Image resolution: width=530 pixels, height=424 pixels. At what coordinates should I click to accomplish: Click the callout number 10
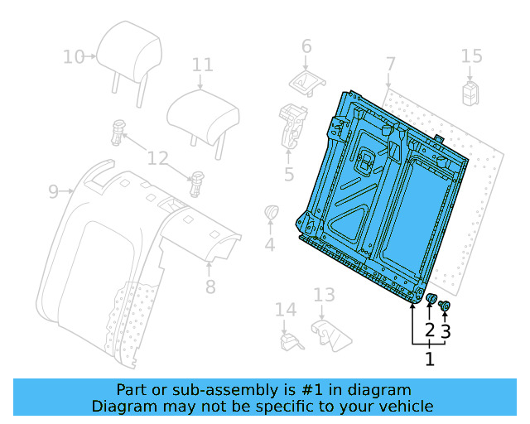74,57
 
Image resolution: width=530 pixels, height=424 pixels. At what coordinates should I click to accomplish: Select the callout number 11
203,65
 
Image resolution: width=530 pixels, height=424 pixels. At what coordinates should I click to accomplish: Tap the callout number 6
306,46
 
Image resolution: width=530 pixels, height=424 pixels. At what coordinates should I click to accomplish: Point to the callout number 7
391,64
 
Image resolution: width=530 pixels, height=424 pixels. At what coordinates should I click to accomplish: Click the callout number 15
471,56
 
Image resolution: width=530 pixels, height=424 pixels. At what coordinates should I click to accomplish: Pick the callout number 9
54,192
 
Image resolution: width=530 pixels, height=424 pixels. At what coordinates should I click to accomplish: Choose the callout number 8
210,287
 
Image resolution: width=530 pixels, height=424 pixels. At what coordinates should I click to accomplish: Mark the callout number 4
270,244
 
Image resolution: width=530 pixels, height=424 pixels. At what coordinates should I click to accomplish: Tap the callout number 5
289,174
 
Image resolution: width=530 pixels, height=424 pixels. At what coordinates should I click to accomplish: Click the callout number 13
324,295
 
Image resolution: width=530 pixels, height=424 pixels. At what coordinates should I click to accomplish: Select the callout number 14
286,310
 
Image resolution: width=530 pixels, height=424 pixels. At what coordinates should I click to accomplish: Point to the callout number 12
158,157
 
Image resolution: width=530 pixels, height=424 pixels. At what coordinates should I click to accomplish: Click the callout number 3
446,332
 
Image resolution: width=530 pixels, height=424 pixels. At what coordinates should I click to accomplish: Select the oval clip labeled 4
270,213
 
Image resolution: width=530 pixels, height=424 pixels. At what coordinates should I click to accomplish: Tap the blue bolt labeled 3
444,307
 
